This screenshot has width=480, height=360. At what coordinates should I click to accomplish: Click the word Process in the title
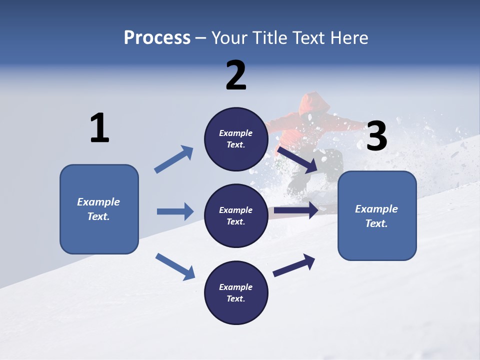[157, 38]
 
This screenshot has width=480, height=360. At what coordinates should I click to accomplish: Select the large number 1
[99, 128]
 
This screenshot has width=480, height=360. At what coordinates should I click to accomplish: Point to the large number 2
[236, 75]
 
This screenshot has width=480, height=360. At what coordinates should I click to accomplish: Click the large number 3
[376, 136]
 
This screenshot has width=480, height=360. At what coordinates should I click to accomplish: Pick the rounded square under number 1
[99, 209]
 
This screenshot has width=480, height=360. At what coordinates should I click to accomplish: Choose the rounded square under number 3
[377, 216]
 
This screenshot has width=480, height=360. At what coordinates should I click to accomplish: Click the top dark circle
[236, 139]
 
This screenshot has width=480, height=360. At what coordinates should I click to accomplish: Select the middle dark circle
[236, 216]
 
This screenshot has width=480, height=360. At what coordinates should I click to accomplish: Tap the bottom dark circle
[236, 293]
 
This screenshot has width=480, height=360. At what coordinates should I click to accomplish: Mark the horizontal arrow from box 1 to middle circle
[175, 211]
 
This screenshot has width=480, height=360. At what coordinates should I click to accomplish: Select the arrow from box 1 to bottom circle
[175, 266]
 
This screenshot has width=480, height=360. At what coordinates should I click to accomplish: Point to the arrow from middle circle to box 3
[296, 210]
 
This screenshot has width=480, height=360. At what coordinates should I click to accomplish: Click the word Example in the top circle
[236, 133]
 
